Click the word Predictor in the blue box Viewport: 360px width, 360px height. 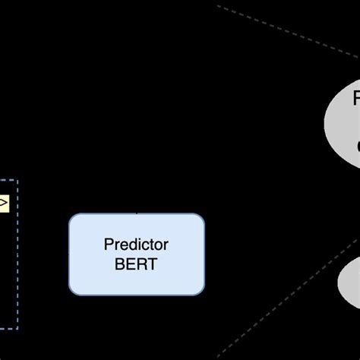(x=136, y=245)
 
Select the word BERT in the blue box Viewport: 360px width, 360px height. (x=136, y=264)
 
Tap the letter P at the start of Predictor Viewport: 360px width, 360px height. (x=107, y=245)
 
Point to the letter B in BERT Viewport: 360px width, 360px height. (x=118, y=264)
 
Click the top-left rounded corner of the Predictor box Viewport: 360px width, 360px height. (x=73, y=217)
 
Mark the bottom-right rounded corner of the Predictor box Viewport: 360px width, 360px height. (x=201, y=292)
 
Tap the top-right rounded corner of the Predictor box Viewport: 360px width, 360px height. (x=201, y=217)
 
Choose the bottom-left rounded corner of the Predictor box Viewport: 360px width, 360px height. (x=73, y=292)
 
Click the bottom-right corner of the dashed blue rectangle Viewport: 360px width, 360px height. (x=17, y=328)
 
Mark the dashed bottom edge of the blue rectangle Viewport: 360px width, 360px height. (x=8, y=328)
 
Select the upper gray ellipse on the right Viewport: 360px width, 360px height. (x=346, y=114)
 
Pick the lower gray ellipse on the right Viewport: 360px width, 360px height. (x=349, y=281)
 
